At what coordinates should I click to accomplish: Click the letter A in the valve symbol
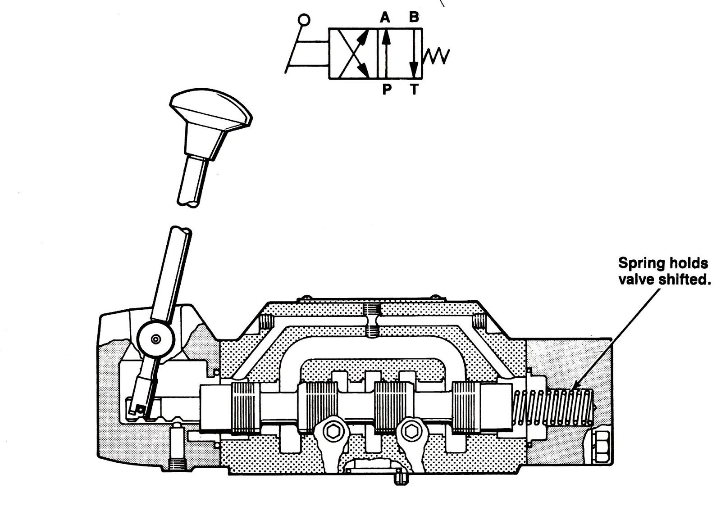click(x=384, y=18)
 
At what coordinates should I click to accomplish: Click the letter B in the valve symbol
click(x=413, y=18)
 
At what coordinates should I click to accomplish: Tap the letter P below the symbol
click(x=387, y=90)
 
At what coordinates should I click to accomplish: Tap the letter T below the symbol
click(x=414, y=90)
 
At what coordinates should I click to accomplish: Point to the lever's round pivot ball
click(x=156, y=339)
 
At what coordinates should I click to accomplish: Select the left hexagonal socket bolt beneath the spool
click(x=333, y=432)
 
